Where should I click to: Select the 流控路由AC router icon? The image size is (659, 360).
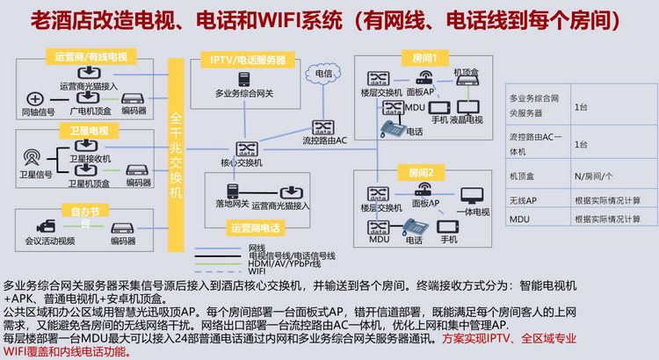pos(322,126)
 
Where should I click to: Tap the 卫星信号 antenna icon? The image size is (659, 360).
pos(33,159)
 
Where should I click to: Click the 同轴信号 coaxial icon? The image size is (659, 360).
pos(35,98)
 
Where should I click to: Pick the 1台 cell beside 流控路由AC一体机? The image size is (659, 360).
pos(581,143)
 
